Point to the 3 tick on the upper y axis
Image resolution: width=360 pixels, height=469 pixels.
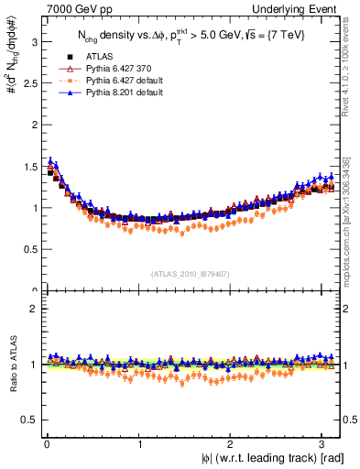pos(32,41)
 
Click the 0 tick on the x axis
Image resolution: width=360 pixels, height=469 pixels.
pos(46,445)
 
